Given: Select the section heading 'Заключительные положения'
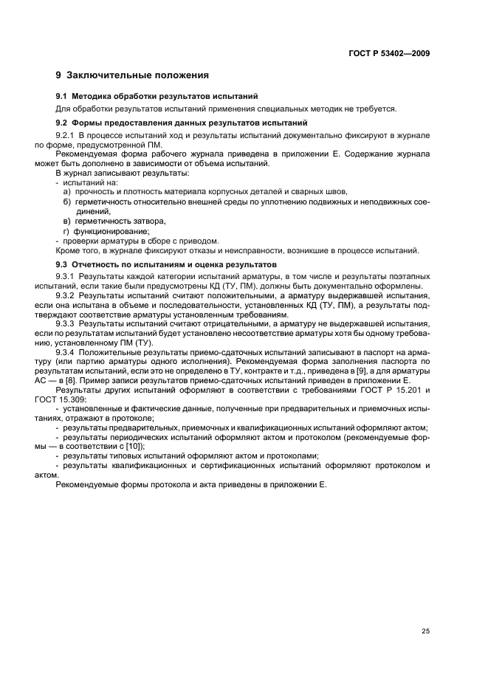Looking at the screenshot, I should pyautogui.click(x=137, y=75).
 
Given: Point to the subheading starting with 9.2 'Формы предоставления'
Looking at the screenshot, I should pyautogui.click(x=182, y=123).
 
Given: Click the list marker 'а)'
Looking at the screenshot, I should pyautogui.click(x=66, y=191).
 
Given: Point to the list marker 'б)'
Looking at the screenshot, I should pyautogui.click(x=66, y=202).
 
